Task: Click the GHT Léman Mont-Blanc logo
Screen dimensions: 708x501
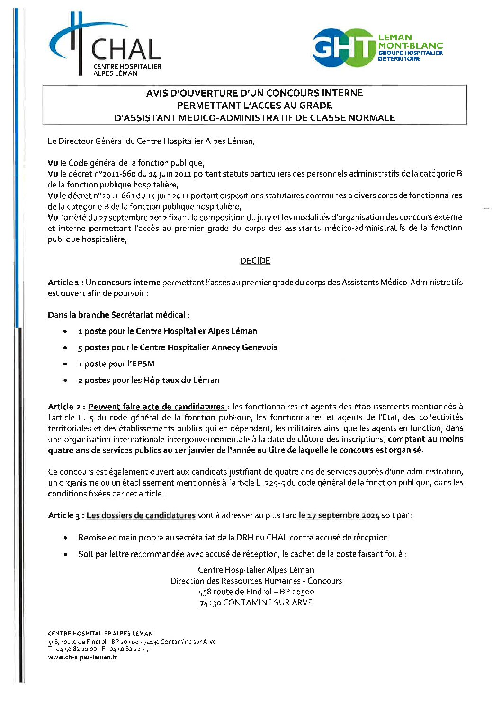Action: coord(377,47)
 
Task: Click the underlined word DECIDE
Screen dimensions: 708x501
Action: coord(255,261)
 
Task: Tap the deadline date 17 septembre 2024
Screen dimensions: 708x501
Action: coord(339,515)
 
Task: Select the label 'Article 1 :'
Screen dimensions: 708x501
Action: coord(65,283)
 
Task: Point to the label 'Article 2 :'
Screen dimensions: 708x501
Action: coord(67,407)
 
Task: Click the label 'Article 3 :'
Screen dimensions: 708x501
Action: coord(66,515)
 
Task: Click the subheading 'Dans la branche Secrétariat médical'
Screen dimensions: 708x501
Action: coord(118,315)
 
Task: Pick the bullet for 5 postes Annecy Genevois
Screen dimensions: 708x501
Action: coord(65,348)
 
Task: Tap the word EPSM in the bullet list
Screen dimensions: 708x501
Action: coord(144,364)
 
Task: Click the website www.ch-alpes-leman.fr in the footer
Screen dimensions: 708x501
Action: coord(82,657)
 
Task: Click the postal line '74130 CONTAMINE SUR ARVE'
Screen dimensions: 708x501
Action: coord(256,602)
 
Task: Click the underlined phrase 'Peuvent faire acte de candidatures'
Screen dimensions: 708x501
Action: coord(157,407)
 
